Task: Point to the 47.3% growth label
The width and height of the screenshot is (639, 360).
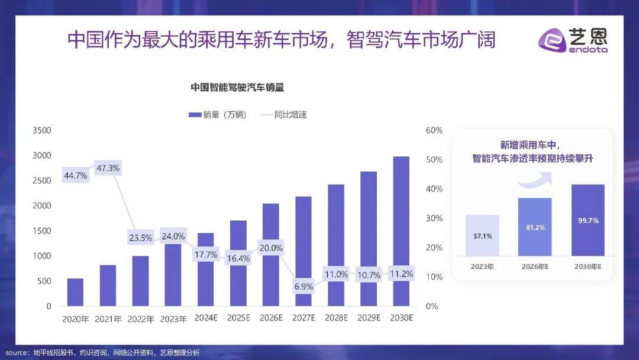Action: click(x=108, y=168)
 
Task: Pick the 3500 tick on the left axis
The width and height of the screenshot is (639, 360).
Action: click(x=41, y=130)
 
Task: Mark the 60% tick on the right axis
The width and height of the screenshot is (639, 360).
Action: click(x=434, y=130)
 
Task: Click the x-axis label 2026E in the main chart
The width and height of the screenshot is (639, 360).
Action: click(x=271, y=319)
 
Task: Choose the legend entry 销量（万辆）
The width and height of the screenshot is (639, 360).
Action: click(x=217, y=115)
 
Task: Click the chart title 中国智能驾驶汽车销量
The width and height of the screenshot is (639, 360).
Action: click(x=237, y=88)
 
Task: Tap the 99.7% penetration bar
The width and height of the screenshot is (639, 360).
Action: click(x=588, y=220)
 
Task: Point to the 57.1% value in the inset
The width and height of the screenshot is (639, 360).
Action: click(x=482, y=236)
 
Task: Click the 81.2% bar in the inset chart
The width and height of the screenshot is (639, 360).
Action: click(x=535, y=227)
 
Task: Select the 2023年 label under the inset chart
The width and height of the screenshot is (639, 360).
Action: click(x=482, y=266)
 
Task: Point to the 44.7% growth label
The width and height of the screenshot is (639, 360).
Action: click(x=75, y=175)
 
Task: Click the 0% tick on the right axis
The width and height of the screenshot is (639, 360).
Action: click(x=432, y=306)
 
